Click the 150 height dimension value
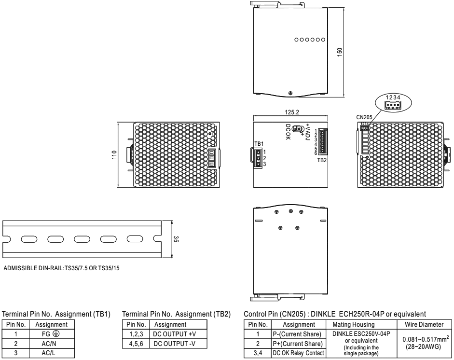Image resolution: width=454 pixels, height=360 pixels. click(340, 52)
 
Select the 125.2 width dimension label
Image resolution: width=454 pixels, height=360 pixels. click(291, 112)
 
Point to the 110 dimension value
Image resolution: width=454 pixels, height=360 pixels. click(114, 154)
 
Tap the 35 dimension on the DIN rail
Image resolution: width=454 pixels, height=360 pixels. click(176, 239)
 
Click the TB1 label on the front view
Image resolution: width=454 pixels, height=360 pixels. click(259, 144)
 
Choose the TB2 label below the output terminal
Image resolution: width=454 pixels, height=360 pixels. click(322, 160)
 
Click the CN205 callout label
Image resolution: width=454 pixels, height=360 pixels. click(364, 117)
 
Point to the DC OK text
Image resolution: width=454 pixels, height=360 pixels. click(288, 132)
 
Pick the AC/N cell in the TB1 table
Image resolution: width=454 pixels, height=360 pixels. click(49, 344)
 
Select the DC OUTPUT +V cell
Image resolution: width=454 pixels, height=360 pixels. click(175, 334)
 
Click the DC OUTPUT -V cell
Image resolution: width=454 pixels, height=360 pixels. click(174, 344)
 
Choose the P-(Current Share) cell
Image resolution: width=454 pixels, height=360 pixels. click(297, 334)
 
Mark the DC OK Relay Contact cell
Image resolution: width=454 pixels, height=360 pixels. click(298, 353)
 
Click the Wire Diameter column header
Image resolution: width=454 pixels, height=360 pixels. click(424, 324)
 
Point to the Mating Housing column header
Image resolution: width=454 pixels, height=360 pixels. click(354, 324)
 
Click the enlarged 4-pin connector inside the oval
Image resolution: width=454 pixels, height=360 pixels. click(393, 105)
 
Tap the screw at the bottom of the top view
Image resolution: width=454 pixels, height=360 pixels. click(290, 93)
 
